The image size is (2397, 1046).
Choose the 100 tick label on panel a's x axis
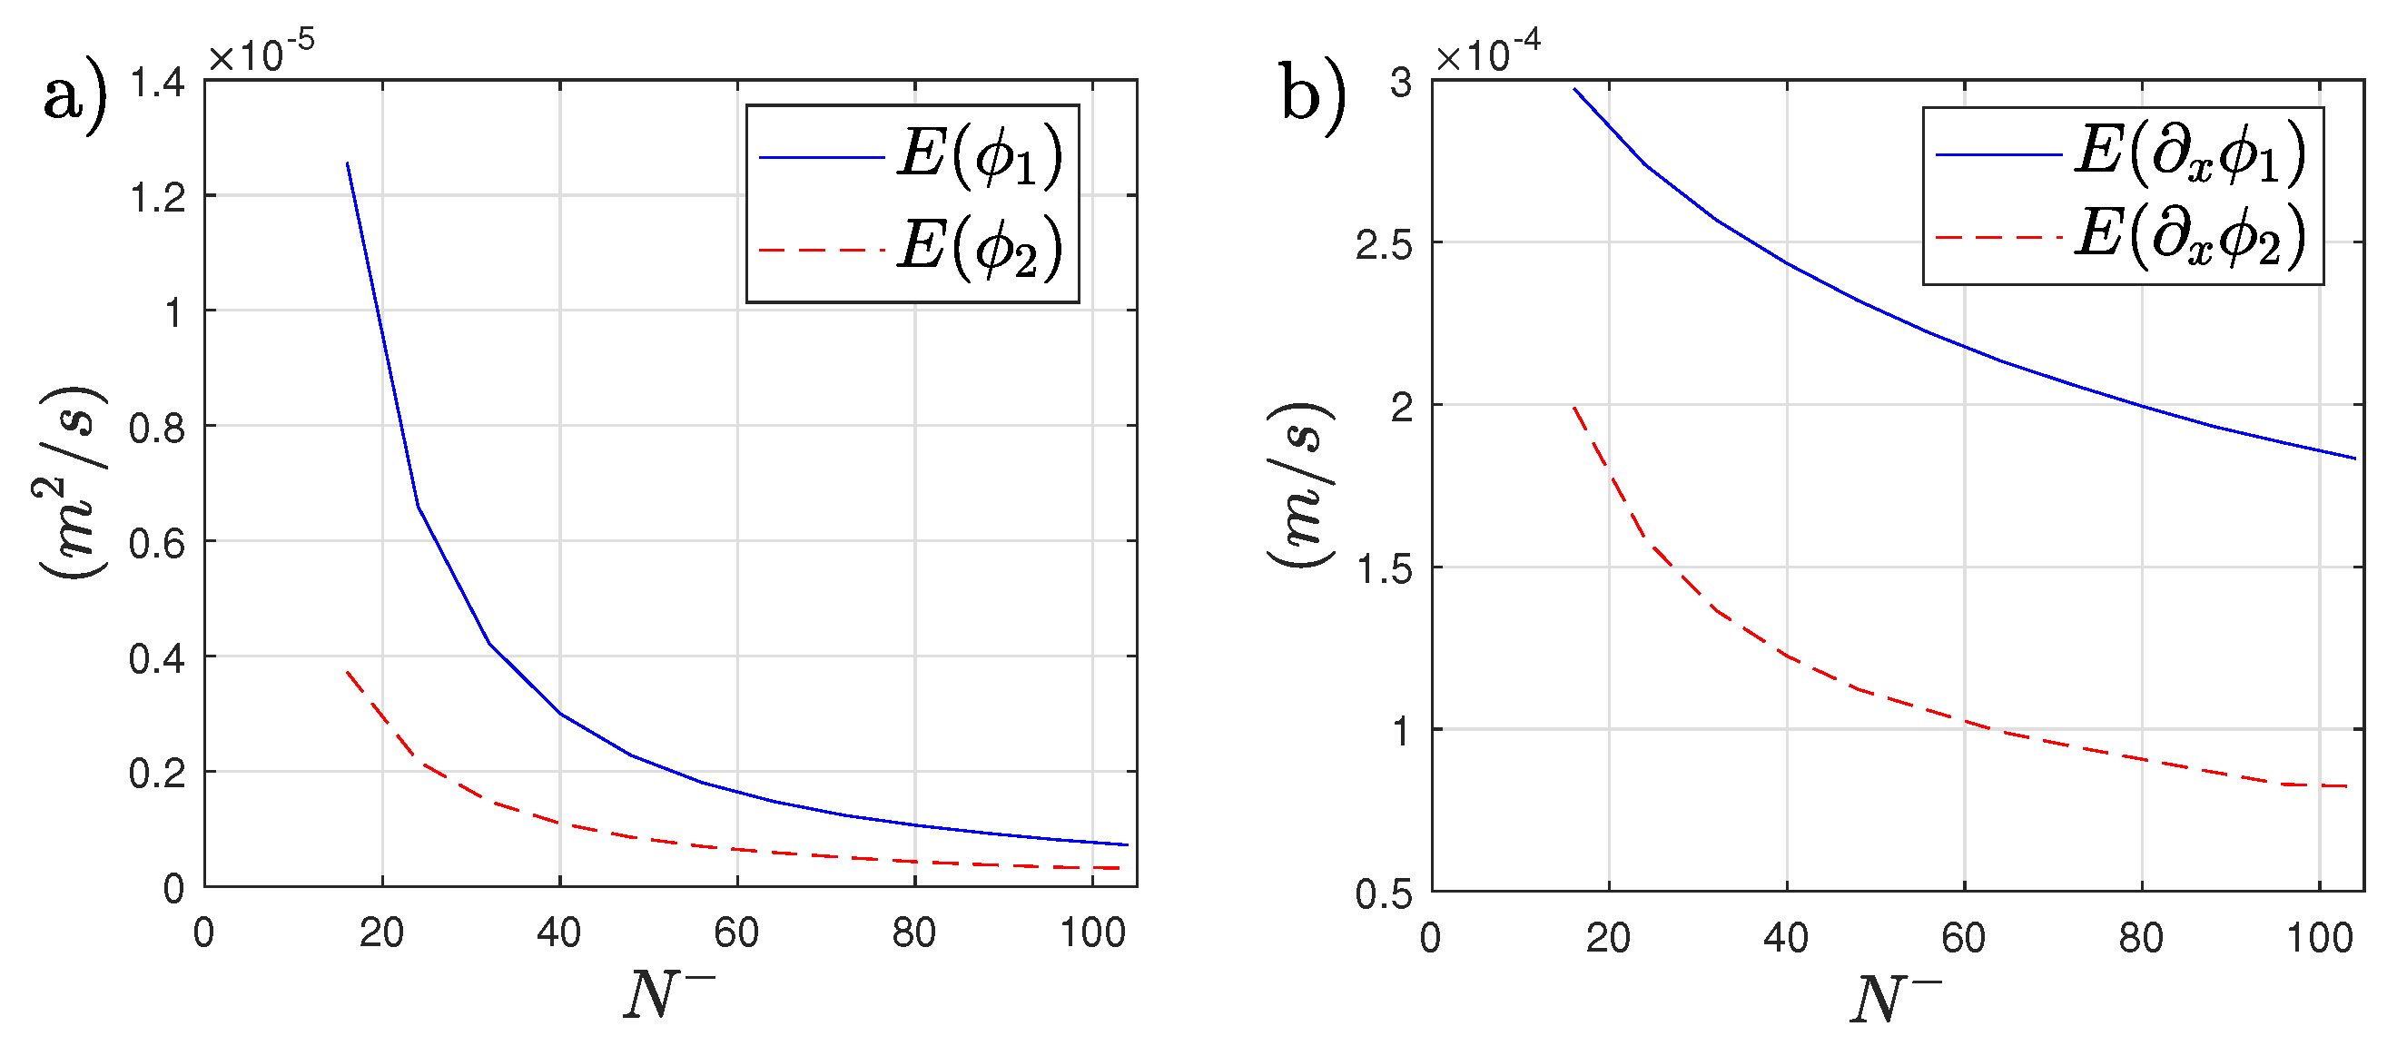pyautogui.click(x=1092, y=933)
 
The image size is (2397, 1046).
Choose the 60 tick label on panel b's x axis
pyautogui.click(x=1963, y=938)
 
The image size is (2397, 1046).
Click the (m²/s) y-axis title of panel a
pyautogui.click(x=73, y=482)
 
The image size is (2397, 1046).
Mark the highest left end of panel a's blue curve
pyautogui.click(x=347, y=163)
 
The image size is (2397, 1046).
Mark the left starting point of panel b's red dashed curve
pyautogui.click(x=1574, y=408)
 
